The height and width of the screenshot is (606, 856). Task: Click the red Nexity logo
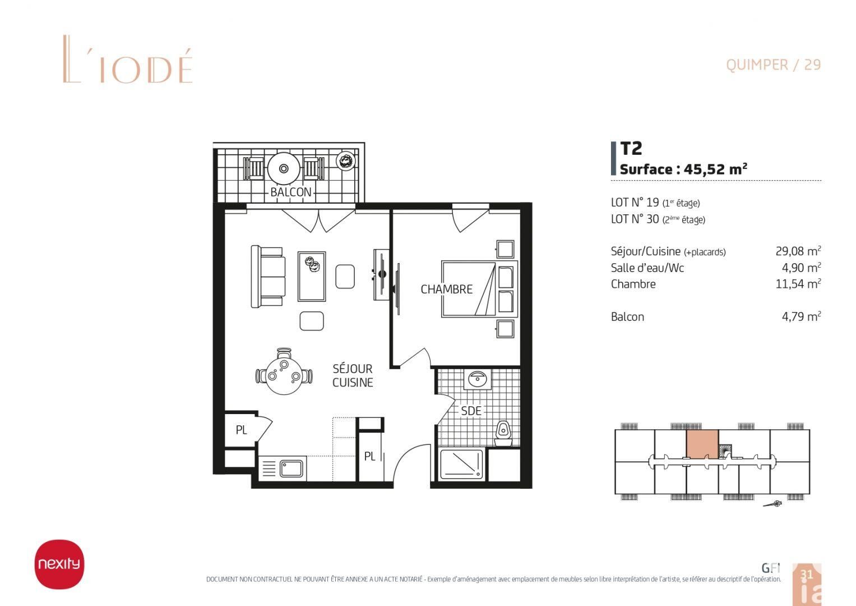pyautogui.click(x=59, y=564)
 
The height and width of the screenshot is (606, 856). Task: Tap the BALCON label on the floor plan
pyautogui.click(x=291, y=192)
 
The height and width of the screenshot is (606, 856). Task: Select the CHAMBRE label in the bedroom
pyautogui.click(x=446, y=289)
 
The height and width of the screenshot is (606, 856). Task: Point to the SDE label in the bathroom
pyautogui.click(x=471, y=411)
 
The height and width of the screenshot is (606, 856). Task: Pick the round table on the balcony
pyautogui.click(x=284, y=168)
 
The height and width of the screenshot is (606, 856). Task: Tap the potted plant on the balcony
pyautogui.click(x=346, y=160)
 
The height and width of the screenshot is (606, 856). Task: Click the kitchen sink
pyautogui.click(x=291, y=469)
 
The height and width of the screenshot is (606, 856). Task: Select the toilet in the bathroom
pyautogui.click(x=503, y=434)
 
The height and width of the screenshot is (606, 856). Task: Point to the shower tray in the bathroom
pyautogui.click(x=461, y=464)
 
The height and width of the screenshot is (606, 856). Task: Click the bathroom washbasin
pyautogui.click(x=477, y=379)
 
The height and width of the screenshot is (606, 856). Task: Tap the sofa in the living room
pyautogui.click(x=267, y=277)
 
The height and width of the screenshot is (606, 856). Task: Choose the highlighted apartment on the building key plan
pyautogui.click(x=702, y=444)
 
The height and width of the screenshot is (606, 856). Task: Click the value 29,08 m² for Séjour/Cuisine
pyautogui.click(x=798, y=251)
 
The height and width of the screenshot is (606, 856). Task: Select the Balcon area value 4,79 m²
pyautogui.click(x=802, y=316)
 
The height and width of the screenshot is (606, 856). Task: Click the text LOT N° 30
pyautogui.click(x=635, y=219)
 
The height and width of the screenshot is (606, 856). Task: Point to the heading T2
pyautogui.click(x=631, y=149)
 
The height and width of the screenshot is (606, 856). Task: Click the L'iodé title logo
pyautogui.click(x=128, y=59)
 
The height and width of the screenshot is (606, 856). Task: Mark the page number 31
pyautogui.click(x=806, y=575)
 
